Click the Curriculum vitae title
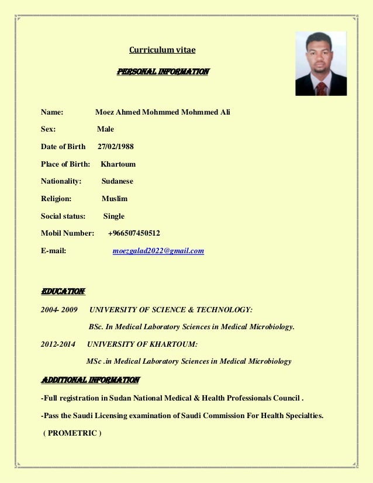pos(162,50)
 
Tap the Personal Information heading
pos(163,73)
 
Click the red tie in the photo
pos(322,88)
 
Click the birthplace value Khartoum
pos(118,164)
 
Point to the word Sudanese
pos(117,181)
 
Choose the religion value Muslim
pos(115,199)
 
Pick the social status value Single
pos(114,216)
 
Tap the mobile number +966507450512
pos(134,233)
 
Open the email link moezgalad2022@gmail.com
pos(158,251)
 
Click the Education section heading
pos(63,291)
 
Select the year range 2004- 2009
pos(59,309)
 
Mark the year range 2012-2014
pos(58,344)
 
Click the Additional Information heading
pos(90,381)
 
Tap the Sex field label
pos(48,129)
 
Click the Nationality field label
pos(61,181)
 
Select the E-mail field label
pos(53,251)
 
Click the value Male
pos(105,129)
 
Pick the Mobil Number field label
pos(67,233)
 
